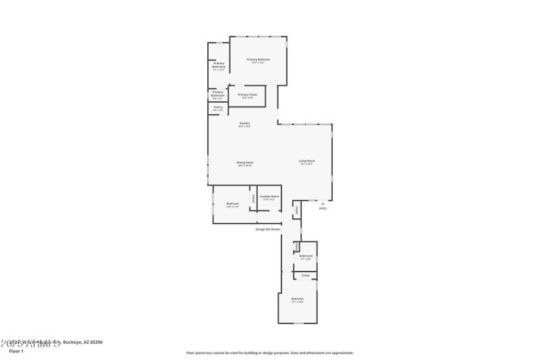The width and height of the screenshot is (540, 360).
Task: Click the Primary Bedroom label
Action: (259, 60)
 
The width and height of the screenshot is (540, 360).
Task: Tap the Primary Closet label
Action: (248, 95)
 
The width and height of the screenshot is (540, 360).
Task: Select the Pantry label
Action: (218, 107)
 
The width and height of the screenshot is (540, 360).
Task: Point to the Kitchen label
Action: (244, 124)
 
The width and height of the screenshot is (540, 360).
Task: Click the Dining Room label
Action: (244, 163)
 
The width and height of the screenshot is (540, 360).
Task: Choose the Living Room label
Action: (306, 161)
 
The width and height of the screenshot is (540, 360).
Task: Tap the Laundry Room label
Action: (269, 197)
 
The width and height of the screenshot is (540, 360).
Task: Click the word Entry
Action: (323, 208)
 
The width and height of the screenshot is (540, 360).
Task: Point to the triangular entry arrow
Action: (323, 202)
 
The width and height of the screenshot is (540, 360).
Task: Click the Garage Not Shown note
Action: (267, 229)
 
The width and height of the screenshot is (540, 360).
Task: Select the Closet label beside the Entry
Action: (296, 210)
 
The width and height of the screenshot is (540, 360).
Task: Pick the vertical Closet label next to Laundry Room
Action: (253, 198)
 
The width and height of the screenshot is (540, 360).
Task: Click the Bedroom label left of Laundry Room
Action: (233, 204)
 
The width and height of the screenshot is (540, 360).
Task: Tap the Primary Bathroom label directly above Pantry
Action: (217, 94)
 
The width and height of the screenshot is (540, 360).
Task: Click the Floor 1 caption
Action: (16, 351)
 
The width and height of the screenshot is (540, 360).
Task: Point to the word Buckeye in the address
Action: (73, 342)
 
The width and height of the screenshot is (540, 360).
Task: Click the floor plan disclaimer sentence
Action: (269, 353)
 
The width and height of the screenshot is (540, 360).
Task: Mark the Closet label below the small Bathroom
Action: (305, 276)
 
